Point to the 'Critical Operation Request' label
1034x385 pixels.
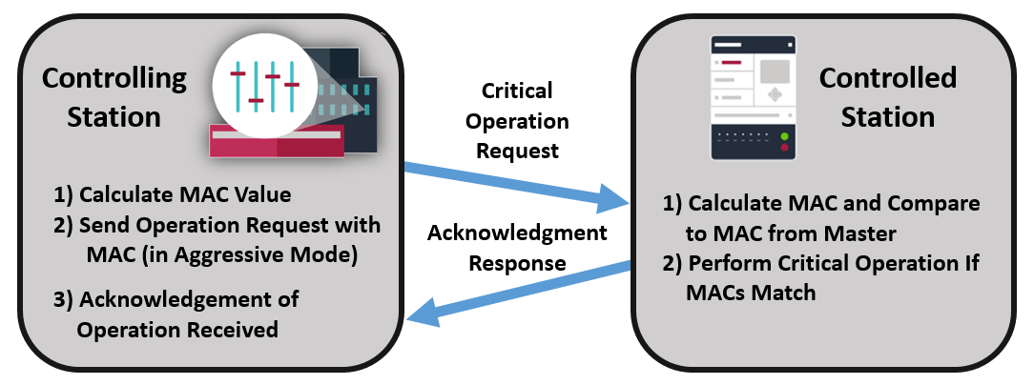coord(523,121)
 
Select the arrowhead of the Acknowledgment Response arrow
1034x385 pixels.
coord(420,315)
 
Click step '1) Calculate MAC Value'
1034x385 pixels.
coord(172,195)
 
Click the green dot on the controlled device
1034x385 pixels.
coord(785,137)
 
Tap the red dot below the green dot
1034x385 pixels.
coord(785,148)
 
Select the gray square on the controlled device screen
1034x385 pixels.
coord(775,71)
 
